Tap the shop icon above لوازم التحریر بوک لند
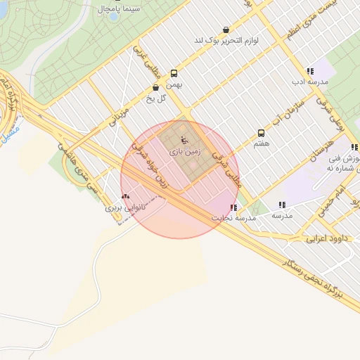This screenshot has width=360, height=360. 225,30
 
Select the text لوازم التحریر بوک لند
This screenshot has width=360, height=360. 226,41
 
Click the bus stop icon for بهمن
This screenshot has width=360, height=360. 174,73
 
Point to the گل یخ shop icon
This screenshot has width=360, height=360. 155,88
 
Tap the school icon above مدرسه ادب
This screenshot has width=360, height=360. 309,71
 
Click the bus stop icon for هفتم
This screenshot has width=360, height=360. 262,132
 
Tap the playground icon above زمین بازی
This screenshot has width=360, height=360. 184,139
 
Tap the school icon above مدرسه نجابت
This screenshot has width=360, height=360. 233,207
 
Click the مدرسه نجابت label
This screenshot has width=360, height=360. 234,218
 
